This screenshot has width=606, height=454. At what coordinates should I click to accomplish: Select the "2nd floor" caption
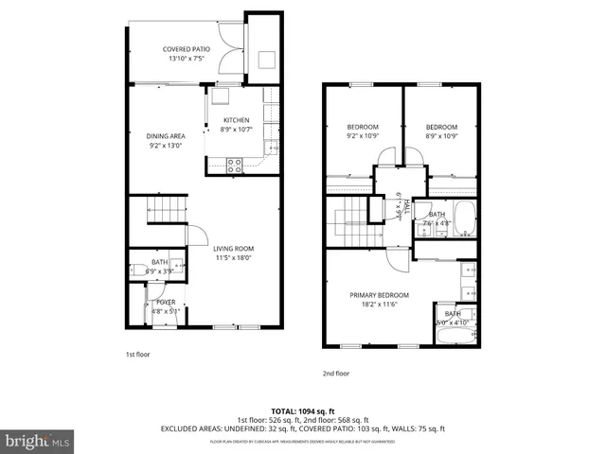[x=335, y=374]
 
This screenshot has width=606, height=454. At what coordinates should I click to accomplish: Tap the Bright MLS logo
[x=38, y=441]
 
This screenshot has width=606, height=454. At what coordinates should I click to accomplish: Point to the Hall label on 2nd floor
[x=406, y=205]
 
